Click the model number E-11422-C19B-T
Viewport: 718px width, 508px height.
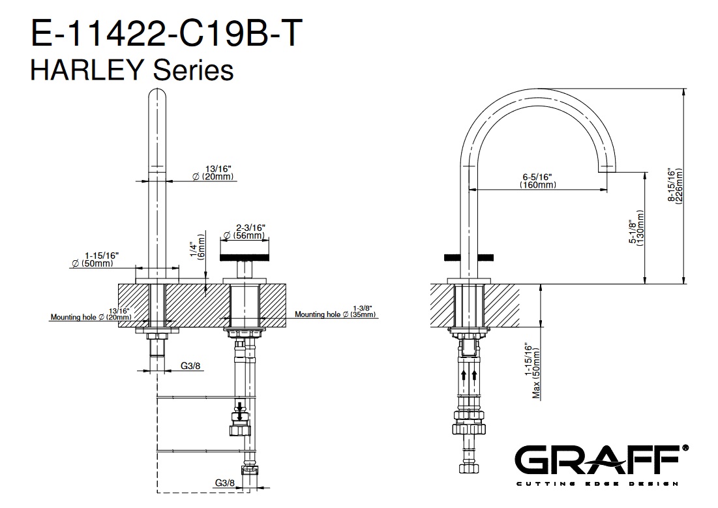pyautogui.click(x=166, y=33)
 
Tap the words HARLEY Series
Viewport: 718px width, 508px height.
pyautogui.click(x=132, y=70)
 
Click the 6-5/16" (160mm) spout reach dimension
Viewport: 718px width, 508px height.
pyautogui.click(x=537, y=181)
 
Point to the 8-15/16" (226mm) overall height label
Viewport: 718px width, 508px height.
pyautogui.click(x=676, y=185)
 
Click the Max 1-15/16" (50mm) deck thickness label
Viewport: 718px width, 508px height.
pyautogui.click(x=533, y=370)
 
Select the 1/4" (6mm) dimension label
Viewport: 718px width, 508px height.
pyautogui.click(x=198, y=247)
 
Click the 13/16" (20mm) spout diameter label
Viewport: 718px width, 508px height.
pyautogui.click(x=213, y=173)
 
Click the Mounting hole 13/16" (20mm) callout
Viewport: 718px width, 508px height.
pyautogui.click(x=91, y=314)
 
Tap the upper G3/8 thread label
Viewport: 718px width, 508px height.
pyautogui.click(x=190, y=366)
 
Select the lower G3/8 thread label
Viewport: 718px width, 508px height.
pyautogui.click(x=224, y=483)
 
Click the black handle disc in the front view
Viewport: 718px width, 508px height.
pyautogui.click(x=244, y=258)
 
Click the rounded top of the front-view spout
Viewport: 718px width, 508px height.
pyautogui.click(x=157, y=93)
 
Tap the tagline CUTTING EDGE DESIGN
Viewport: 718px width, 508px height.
pyautogui.click(x=597, y=484)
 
